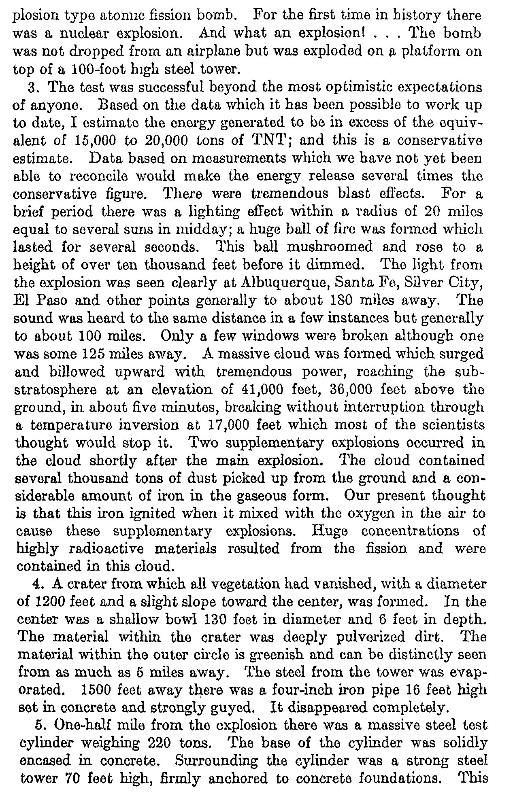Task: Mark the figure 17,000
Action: (228, 425)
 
